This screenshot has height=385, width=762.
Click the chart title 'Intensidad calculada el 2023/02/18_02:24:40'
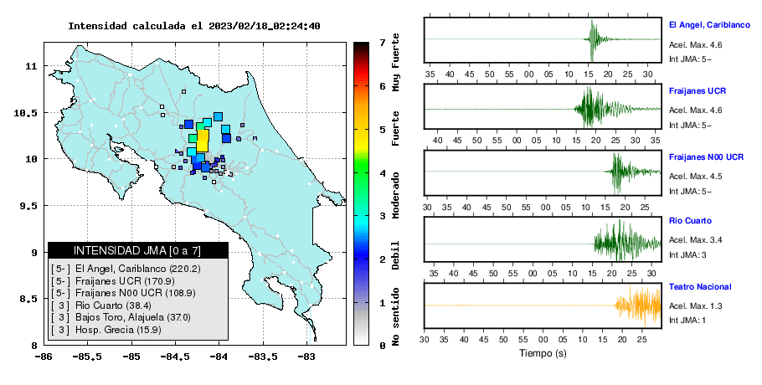(194, 26)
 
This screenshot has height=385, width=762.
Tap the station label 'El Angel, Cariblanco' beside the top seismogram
(709, 25)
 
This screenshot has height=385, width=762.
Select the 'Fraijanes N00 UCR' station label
(706, 157)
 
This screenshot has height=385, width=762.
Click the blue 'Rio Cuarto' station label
(690, 220)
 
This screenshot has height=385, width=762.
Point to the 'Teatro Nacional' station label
(700, 286)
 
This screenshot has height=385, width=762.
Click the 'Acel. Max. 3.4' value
(695, 240)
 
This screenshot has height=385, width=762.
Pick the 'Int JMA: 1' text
(687, 320)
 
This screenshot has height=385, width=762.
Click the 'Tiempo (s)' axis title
(543, 353)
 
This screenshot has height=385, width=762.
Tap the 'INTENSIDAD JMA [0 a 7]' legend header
(137, 250)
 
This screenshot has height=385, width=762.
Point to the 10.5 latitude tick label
(26, 113)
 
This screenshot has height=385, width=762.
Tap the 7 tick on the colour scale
(383, 43)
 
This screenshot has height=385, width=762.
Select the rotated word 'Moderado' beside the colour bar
(395, 195)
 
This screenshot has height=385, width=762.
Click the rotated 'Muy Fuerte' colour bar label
(395, 62)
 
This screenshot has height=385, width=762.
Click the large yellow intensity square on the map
(202, 141)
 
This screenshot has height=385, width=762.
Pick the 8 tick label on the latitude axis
(34, 346)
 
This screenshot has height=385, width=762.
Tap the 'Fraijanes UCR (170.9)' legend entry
(125, 281)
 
